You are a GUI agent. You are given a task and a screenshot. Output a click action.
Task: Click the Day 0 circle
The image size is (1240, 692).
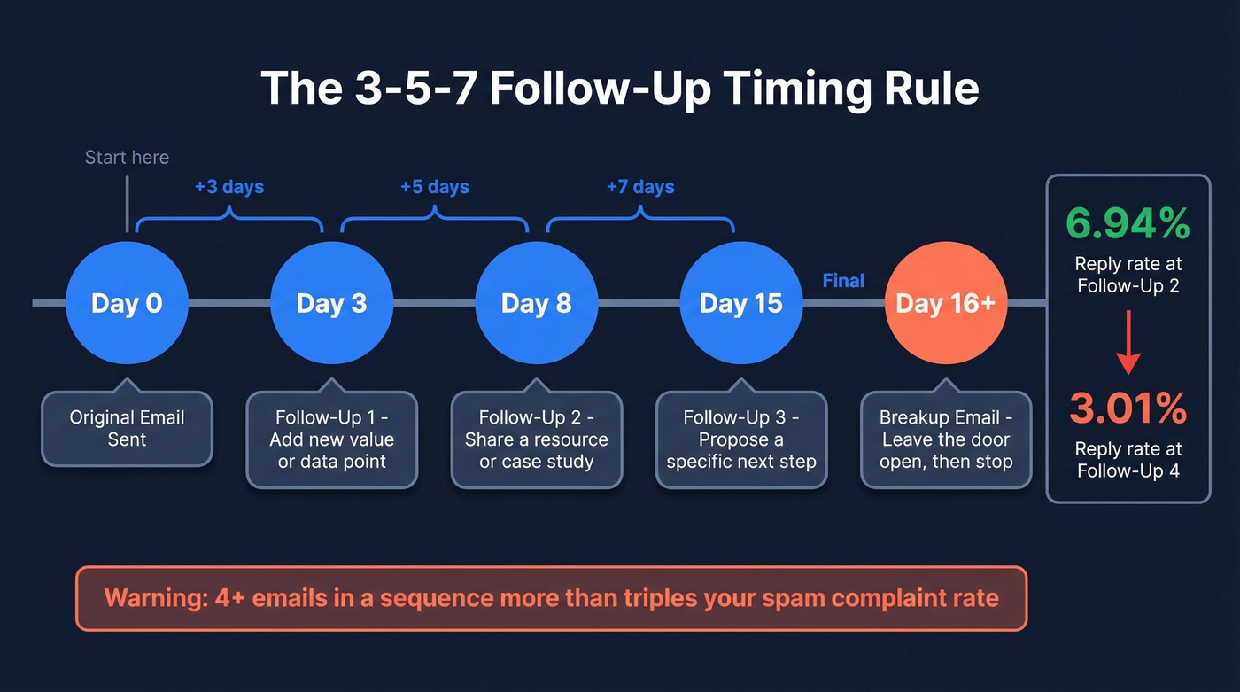click(x=127, y=303)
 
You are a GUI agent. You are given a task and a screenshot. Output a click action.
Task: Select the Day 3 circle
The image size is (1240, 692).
click(x=331, y=303)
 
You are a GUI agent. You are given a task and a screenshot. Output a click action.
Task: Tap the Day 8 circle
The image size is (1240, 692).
click(x=536, y=303)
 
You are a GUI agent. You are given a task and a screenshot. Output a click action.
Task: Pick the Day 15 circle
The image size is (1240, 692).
click(x=740, y=303)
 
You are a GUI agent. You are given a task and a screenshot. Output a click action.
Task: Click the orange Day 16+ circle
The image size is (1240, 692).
click(x=945, y=303)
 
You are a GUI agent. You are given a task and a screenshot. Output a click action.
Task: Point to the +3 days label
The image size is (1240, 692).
click(x=229, y=187)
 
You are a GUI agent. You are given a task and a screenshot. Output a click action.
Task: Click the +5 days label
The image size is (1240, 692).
click(x=434, y=187)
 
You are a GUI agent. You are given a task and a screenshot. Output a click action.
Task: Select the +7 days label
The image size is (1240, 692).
click(x=639, y=187)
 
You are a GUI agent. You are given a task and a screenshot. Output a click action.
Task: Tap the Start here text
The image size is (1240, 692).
click(x=127, y=158)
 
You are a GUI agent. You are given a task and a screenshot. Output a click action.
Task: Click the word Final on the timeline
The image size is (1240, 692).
click(x=843, y=281)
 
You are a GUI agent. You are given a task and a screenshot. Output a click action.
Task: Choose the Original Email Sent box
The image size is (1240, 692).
click(x=127, y=428)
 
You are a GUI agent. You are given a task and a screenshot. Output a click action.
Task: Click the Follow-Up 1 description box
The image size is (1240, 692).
click(x=331, y=439)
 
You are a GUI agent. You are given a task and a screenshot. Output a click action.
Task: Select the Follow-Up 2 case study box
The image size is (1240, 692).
click(x=536, y=439)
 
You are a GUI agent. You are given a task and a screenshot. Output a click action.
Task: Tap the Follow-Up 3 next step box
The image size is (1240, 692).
click(x=740, y=439)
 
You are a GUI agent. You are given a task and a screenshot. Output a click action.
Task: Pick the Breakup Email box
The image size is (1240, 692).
click(x=945, y=439)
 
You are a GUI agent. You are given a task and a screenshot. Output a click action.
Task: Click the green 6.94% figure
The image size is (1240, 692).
click(x=1128, y=225)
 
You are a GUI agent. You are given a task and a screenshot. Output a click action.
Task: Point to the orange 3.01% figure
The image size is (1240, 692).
click(x=1128, y=408)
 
